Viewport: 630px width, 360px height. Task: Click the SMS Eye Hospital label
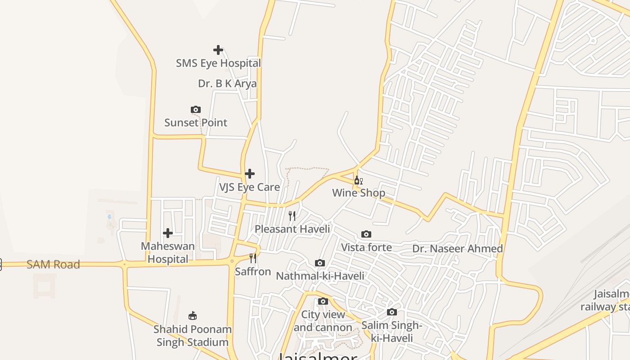point(218,63)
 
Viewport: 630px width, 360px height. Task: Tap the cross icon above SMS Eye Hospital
point(218,49)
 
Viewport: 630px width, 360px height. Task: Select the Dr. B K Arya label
point(227,84)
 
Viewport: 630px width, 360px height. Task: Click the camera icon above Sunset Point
point(196,109)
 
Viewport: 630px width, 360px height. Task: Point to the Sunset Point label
point(196,122)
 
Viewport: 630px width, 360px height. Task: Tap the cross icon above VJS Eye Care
point(250,174)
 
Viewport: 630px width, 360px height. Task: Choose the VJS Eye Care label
point(249,187)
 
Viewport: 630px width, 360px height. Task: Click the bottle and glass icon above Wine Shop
point(358,180)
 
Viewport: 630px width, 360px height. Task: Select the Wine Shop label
point(359,193)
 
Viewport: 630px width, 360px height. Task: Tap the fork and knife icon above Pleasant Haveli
point(292,216)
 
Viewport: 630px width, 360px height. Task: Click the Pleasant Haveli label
point(292,229)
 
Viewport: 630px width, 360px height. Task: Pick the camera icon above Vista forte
point(366,234)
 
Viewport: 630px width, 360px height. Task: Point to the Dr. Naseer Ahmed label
point(458,248)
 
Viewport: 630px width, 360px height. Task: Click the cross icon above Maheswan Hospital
point(168,233)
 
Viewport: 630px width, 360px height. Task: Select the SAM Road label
point(53,265)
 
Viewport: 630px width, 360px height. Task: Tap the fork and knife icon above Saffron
point(253,258)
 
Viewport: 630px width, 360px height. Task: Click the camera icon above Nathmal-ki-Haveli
point(320,263)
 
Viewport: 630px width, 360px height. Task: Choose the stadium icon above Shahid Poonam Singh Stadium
point(193,315)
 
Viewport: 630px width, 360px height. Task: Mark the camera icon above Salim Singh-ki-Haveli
point(392,312)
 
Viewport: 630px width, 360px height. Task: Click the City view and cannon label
point(323,321)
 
